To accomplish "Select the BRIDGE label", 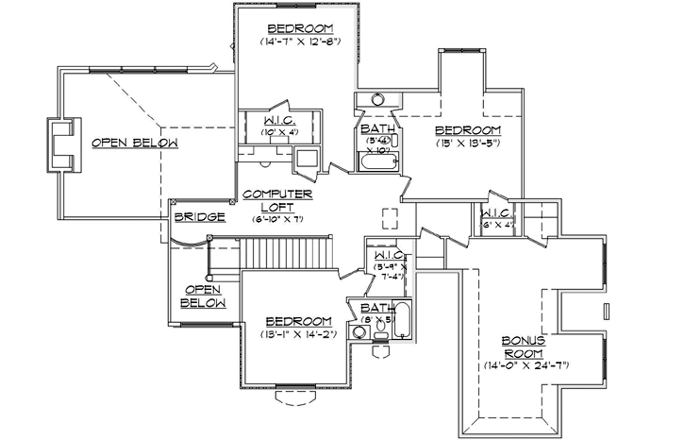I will (199, 217).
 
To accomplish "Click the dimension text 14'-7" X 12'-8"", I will (299, 42).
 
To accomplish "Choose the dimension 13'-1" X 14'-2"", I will (297, 334).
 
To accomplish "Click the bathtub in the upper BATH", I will (376, 164).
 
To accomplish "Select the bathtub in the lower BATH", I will (403, 320).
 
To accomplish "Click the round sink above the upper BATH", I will (377, 98).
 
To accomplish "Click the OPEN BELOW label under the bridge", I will (204, 296).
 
